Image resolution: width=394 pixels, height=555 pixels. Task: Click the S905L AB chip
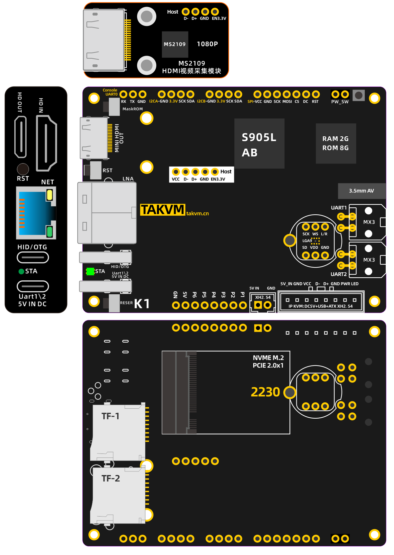pyautogui.click(x=259, y=143)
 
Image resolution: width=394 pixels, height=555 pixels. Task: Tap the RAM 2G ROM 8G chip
pyautogui.click(x=336, y=143)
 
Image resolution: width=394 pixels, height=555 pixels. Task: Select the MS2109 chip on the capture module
pyautogui.click(x=175, y=44)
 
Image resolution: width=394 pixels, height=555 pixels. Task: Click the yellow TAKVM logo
pyautogui.click(x=163, y=210)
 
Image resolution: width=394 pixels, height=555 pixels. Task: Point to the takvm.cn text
pyautogui.click(x=197, y=214)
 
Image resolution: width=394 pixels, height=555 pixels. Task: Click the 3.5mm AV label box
pyautogui.click(x=362, y=191)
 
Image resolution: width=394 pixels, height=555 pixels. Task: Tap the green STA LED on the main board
pyautogui.click(x=90, y=272)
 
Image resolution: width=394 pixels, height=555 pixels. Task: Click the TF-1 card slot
pyautogui.click(x=118, y=433)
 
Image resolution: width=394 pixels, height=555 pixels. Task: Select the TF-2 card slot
pyautogui.click(x=118, y=495)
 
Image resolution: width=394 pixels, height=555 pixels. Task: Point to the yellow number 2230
pyautogui.click(x=265, y=392)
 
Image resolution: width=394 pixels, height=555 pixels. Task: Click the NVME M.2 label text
pyautogui.click(x=268, y=358)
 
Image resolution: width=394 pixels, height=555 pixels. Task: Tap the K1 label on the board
pyautogui.click(x=142, y=304)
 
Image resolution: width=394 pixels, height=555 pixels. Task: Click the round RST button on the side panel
pyautogui.click(x=23, y=169)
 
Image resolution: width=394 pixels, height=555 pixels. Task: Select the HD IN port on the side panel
pyautogui.click(x=46, y=143)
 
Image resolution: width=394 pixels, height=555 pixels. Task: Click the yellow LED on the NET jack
pyautogui.click(x=49, y=195)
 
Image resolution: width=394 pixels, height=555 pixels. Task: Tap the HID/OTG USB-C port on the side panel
pyautogui.click(x=33, y=257)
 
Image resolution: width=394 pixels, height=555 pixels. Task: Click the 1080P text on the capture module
pyautogui.click(x=207, y=44)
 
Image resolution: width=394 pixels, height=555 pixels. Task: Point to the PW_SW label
pyautogui.click(x=340, y=102)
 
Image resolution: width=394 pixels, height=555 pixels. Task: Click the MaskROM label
pyautogui.click(x=133, y=109)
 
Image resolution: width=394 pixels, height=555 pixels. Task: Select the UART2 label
pyautogui.click(x=339, y=274)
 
